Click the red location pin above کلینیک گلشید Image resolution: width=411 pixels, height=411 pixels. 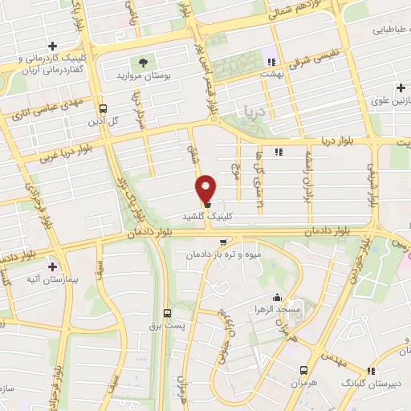pos(205,188)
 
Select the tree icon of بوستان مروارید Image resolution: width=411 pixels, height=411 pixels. pos(143,61)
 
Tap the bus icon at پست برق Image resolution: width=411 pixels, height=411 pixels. pos(167,313)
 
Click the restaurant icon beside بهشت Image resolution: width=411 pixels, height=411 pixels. pos(272,61)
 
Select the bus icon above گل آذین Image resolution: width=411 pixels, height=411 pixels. pos(102,108)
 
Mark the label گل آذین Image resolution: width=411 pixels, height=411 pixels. pos(102,120)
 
